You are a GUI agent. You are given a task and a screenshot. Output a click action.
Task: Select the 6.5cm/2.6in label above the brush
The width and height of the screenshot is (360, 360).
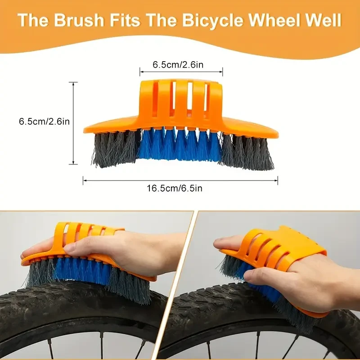(178, 65)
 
